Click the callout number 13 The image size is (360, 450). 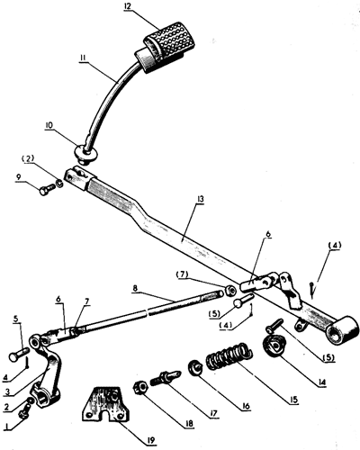coord(201,199)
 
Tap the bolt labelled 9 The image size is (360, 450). coord(47,190)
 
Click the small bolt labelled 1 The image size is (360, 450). coord(24,411)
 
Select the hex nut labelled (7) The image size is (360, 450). coord(229,290)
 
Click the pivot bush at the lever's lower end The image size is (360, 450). coord(343,330)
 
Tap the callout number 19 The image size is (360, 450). coord(150,440)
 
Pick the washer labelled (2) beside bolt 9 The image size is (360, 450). coord(59,183)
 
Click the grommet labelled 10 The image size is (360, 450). coord(85,153)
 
